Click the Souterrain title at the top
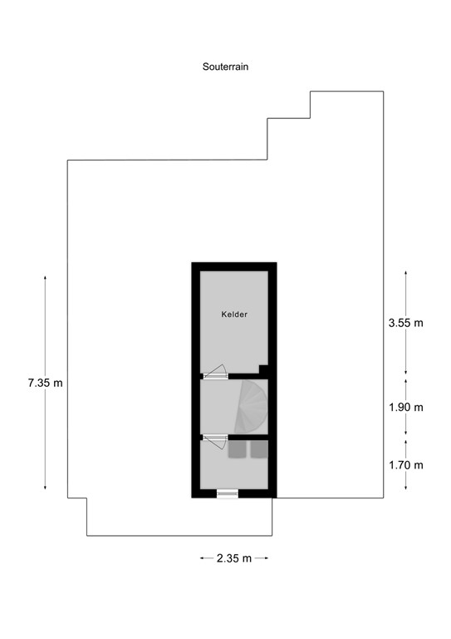(226, 66)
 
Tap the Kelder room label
(234, 315)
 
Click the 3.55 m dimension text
(405, 323)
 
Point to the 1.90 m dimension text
(405, 407)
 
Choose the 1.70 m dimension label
(405, 465)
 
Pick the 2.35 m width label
(234, 558)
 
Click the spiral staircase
(250, 407)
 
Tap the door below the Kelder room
(215, 373)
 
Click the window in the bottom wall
(228, 493)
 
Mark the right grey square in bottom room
(259, 449)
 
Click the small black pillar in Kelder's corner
(263, 369)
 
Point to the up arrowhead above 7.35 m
(45, 275)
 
